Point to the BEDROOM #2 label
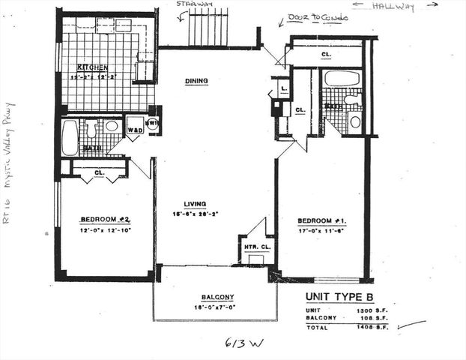(106, 220)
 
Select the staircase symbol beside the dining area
(208, 28)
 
